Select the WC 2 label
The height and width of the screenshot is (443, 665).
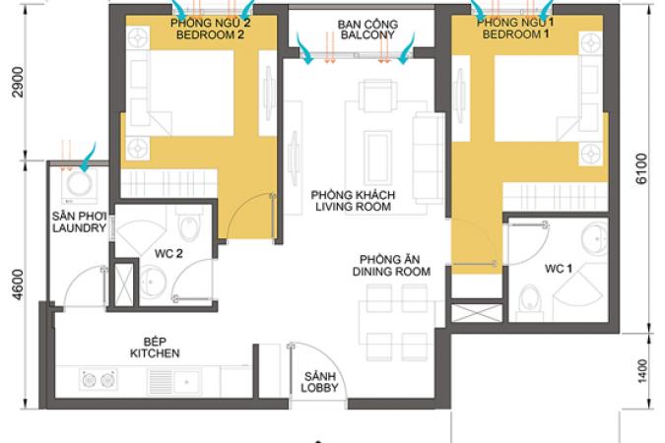(x=168, y=254)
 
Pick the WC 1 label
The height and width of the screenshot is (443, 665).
(x=559, y=269)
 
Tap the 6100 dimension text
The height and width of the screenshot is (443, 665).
(x=641, y=168)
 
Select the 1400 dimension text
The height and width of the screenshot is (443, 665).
(x=642, y=371)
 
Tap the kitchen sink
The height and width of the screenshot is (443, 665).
(x=174, y=382)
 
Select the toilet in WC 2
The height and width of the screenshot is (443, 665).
(x=189, y=223)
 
